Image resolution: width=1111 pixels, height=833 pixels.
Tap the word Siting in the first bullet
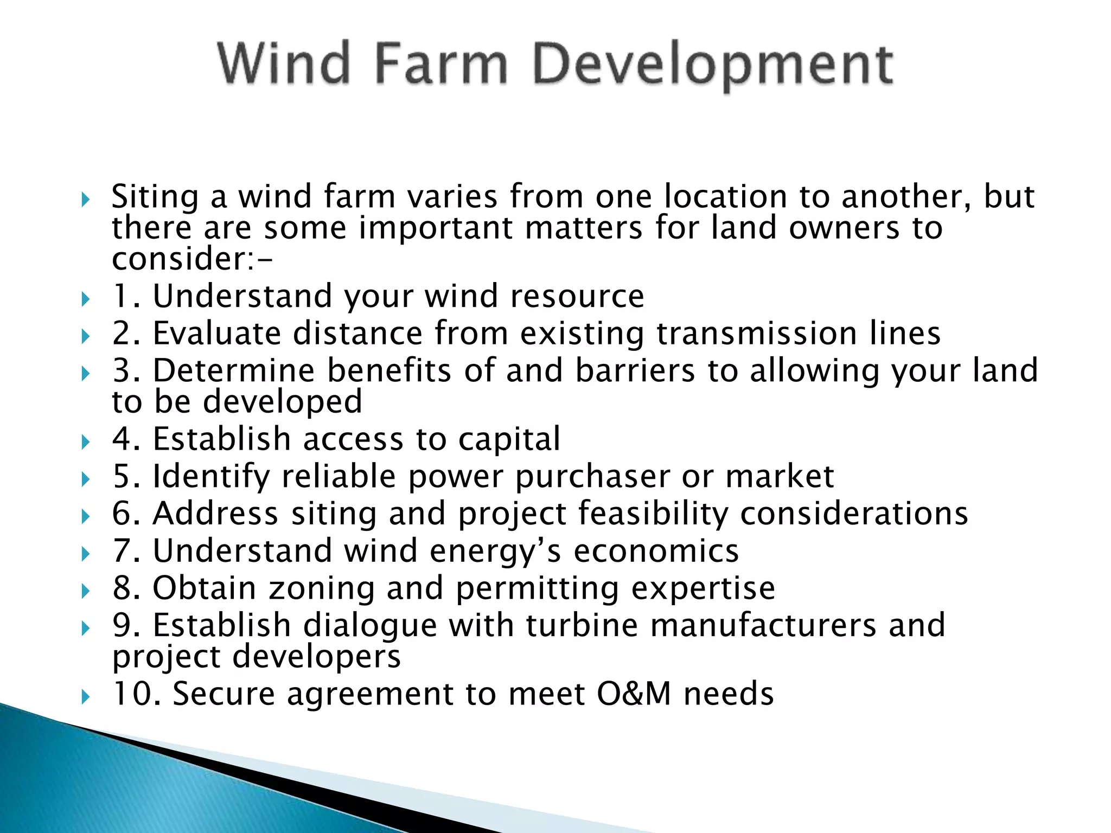[x=155, y=197]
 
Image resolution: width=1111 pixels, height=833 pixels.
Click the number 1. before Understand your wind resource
[x=126, y=297]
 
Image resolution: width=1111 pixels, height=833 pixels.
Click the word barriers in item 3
[x=635, y=371]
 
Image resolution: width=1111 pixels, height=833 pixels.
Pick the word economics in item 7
[x=656, y=552]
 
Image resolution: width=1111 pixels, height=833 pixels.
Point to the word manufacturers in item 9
[x=763, y=625]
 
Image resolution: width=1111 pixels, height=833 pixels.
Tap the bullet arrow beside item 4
[x=85, y=441]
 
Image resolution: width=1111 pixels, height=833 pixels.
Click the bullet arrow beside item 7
[x=85, y=554]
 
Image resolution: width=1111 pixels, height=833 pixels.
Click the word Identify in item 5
[x=211, y=477]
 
